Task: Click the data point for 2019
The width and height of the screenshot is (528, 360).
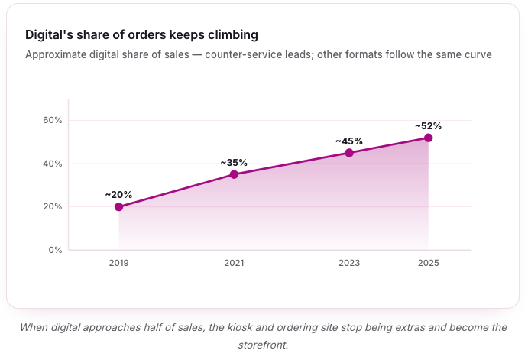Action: point(118,207)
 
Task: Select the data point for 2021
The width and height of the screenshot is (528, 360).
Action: point(234,174)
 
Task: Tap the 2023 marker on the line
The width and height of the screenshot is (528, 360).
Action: point(349,153)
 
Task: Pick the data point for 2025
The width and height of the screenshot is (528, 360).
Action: point(429,138)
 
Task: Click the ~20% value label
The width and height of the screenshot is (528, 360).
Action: point(118,195)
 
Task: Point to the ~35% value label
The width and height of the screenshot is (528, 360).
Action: point(234,163)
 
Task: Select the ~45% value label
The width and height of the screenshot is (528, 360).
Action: point(349,141)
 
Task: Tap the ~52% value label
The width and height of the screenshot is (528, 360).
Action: point(429,126)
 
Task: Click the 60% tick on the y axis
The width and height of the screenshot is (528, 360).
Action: point(53,120)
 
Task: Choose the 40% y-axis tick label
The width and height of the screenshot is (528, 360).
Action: point(53,164)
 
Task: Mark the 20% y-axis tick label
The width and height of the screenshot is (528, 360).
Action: point(53,207)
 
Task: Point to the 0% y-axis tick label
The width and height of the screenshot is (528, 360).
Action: point(55,250)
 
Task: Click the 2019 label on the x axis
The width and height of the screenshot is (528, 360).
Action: point(118,263)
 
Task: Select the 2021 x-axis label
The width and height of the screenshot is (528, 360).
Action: point(234,263)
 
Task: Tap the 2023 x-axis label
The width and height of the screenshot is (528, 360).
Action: point(349,263)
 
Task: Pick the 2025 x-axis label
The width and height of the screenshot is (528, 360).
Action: point(429,263)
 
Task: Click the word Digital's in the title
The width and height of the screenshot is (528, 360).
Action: point(49,35)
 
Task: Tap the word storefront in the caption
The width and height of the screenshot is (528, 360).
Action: point(262,345)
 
